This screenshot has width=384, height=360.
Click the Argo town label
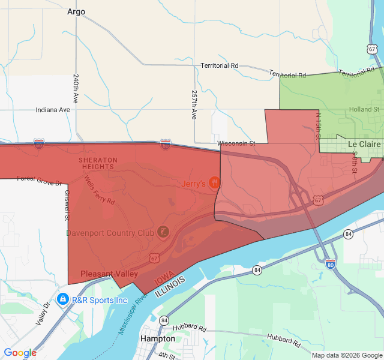(76, 11)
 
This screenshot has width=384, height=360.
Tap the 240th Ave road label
(76, 89)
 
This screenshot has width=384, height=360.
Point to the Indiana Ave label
(53, 110)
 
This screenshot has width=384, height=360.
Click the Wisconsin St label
(236, 143)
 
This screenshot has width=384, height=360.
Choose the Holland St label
(364, 110)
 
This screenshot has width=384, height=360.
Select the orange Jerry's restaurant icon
(214, 184)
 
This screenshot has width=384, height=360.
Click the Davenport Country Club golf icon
(163, 232)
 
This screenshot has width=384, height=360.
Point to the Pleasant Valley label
(105, 273)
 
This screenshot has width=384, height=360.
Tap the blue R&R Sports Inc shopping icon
(62, 298)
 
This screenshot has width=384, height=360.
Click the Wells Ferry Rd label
(99, 190)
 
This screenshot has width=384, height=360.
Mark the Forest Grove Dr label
(39, 179)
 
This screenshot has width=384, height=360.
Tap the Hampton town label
(157, 338)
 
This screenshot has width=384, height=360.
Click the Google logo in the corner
(20, 353)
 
